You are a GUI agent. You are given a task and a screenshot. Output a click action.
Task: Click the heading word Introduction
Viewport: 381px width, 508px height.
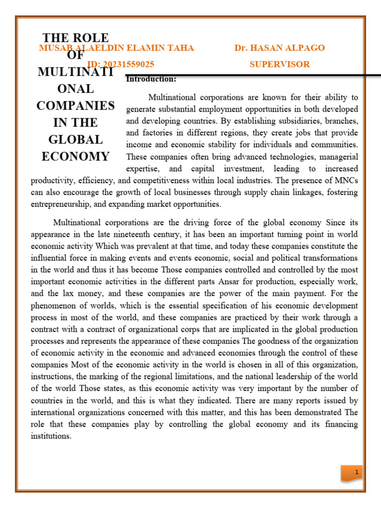pos(151,79)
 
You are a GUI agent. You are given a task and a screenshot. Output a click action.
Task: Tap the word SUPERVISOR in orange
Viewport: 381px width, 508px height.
pos(280,64)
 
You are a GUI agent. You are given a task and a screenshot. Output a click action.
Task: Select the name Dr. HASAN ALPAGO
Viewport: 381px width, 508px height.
pos(280,48)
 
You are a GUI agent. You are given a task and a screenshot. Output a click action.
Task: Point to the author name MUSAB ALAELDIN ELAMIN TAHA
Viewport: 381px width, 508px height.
pos(116,48)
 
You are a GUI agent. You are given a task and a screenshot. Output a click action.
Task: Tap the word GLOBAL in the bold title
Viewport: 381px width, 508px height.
pos(75,139)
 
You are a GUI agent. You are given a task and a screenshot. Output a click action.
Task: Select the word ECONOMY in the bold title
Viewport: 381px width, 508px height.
pos(75,157)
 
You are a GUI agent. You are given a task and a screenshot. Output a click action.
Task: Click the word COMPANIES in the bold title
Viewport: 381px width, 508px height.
pos(75,106)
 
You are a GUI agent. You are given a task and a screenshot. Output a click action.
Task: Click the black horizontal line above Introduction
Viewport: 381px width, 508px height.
pos(248,75)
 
